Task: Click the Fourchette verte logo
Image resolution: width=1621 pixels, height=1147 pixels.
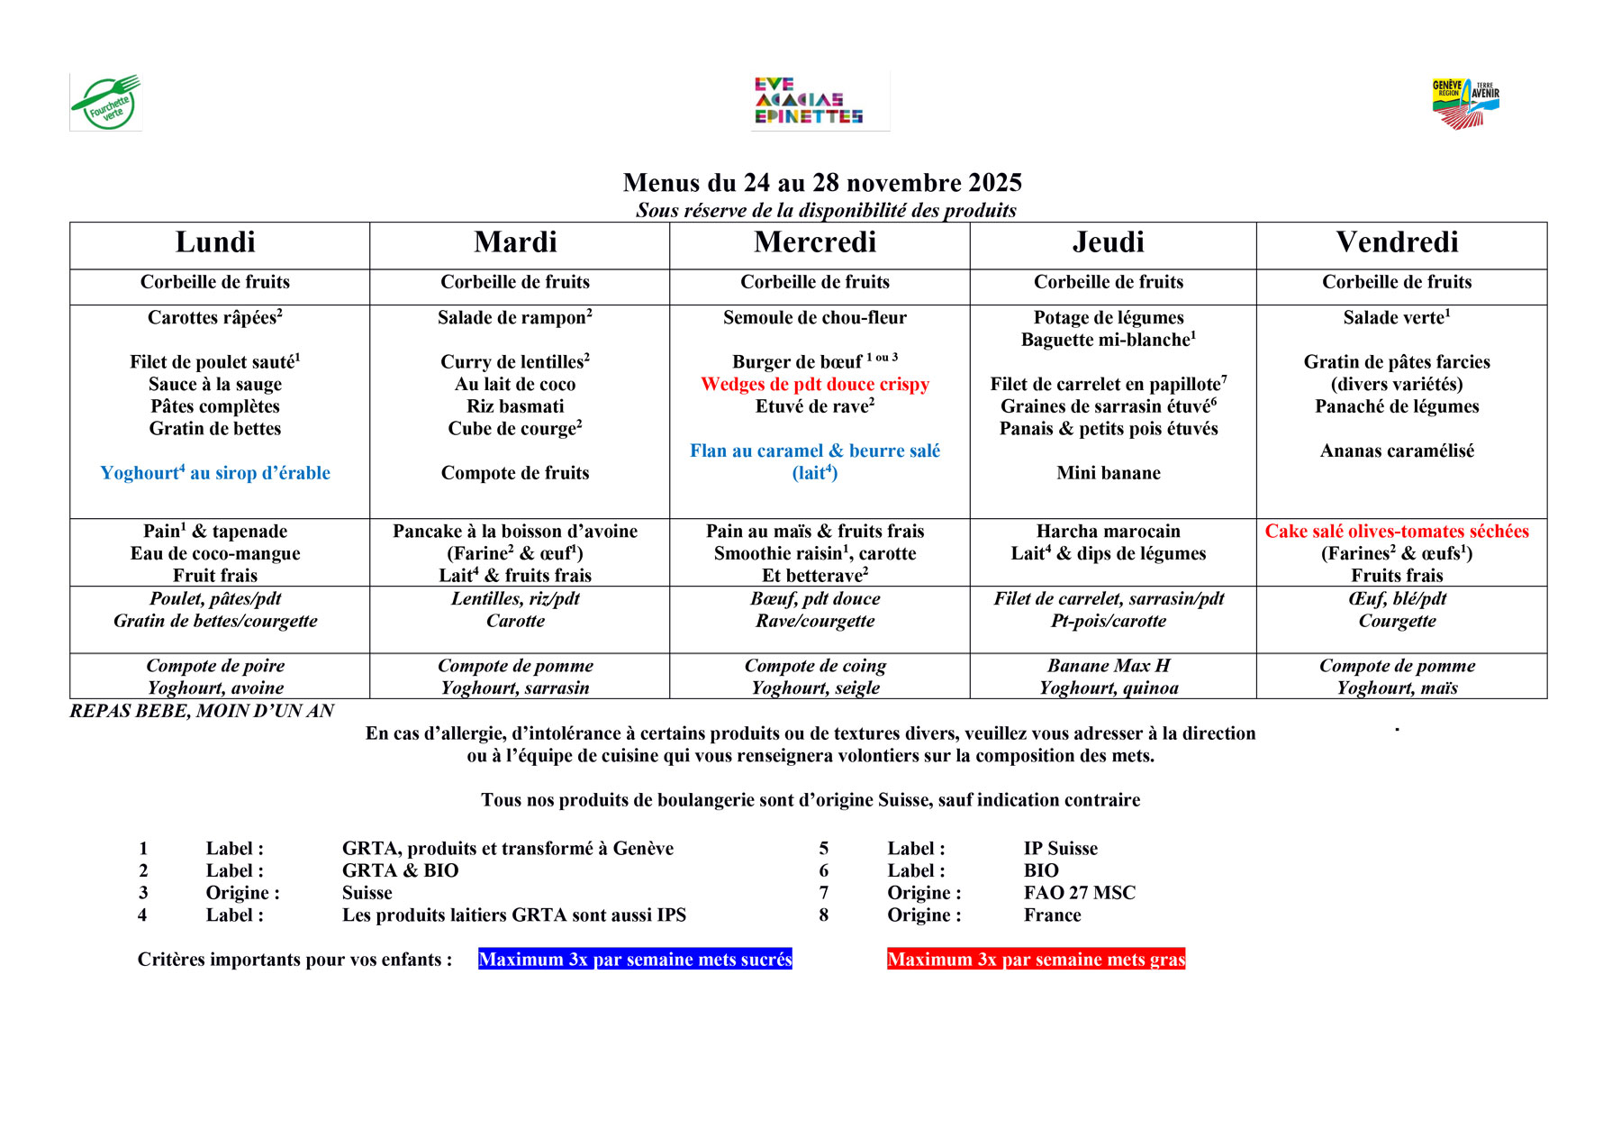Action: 106,103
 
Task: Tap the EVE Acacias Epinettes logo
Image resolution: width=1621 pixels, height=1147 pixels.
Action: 808,101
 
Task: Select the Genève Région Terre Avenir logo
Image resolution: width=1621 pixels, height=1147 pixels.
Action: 1465,103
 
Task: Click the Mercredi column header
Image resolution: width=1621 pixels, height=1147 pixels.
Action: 815,242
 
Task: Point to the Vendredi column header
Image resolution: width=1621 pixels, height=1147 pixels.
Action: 1397,242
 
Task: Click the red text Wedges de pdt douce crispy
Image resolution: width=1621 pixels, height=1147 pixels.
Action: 815,385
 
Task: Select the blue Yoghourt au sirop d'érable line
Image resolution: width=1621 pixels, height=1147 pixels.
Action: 215,473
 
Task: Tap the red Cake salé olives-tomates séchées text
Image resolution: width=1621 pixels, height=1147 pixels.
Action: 1397,532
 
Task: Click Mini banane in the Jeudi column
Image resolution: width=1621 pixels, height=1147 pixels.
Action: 1109,473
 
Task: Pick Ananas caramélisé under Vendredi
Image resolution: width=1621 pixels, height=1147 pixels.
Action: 1397,451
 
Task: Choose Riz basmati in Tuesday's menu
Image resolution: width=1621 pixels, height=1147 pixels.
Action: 515,406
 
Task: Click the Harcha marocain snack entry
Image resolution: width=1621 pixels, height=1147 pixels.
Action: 1109,532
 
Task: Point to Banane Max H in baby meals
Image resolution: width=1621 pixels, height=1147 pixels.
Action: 1109,666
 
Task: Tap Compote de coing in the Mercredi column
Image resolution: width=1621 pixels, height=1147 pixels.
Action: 815,666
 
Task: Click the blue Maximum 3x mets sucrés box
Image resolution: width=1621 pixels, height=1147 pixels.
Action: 635,960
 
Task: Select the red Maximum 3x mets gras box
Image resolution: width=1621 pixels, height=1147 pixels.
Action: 1036,960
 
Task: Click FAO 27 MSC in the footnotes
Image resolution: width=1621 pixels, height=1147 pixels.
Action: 1080,893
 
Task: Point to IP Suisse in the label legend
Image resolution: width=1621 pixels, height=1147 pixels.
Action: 1061,849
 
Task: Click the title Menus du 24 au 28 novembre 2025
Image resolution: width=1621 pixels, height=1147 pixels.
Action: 822,183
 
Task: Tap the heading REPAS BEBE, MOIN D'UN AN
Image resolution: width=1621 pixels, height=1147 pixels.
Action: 202,711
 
